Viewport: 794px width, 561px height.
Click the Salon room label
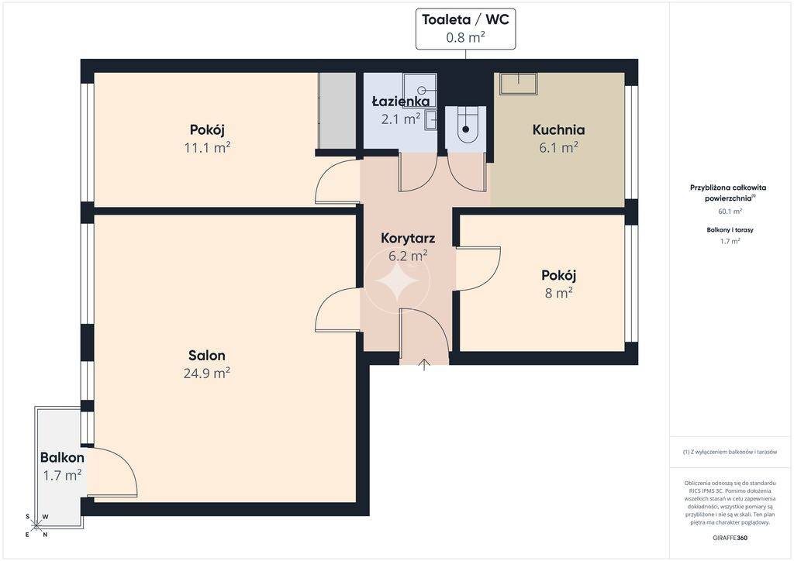click(206, 355)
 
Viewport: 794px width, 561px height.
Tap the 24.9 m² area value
click(206, 373)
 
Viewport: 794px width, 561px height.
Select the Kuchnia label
click(558, 129)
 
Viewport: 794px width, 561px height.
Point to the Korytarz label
click(408, 238)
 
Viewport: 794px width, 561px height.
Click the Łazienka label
click(401, 102)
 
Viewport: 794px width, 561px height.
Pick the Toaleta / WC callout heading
click(465, 19)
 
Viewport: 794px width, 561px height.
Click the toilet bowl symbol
click(466, 128)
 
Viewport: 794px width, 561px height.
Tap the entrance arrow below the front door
click(424, 364)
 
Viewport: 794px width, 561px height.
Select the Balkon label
click(62, 457)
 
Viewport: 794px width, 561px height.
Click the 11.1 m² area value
click(207, 148)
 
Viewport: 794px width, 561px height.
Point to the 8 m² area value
click(558, 292)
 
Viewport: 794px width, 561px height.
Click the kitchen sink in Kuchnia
click(518, 84)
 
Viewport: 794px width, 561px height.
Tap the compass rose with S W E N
click(36, 525)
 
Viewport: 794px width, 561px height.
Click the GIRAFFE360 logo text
click(730, 538)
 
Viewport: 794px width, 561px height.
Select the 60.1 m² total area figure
click(730, 212)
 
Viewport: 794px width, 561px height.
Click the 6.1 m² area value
click(558, 147)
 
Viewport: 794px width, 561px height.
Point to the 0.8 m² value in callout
click(465, 37)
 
